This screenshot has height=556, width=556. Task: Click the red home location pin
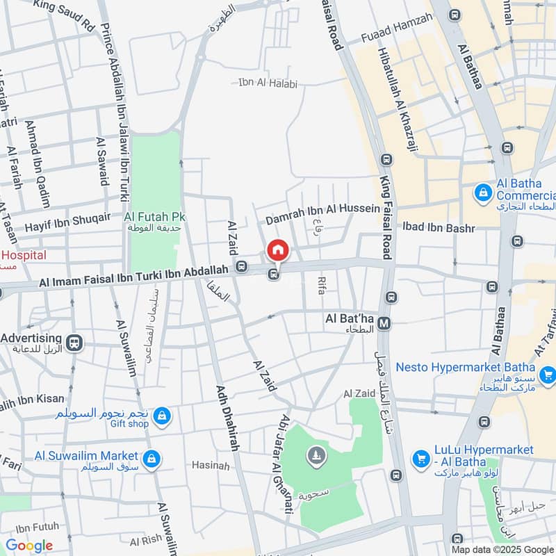pos(277,250)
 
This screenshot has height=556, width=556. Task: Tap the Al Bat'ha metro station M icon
pos(384,323)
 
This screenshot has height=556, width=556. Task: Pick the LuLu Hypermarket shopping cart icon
pos(420,459)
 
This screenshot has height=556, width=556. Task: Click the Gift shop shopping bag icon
pos(161,416)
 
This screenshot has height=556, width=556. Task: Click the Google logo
pos(28,545)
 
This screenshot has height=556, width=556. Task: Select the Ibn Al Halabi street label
pos(268,84)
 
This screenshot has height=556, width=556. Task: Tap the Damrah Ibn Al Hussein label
pos(323,208)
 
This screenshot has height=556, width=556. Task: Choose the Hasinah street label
pos(210,466)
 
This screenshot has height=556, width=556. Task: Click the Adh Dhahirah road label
pos(228,417)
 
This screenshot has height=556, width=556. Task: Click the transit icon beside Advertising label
pos(74,342)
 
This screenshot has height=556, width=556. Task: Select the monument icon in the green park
pos(317,456)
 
